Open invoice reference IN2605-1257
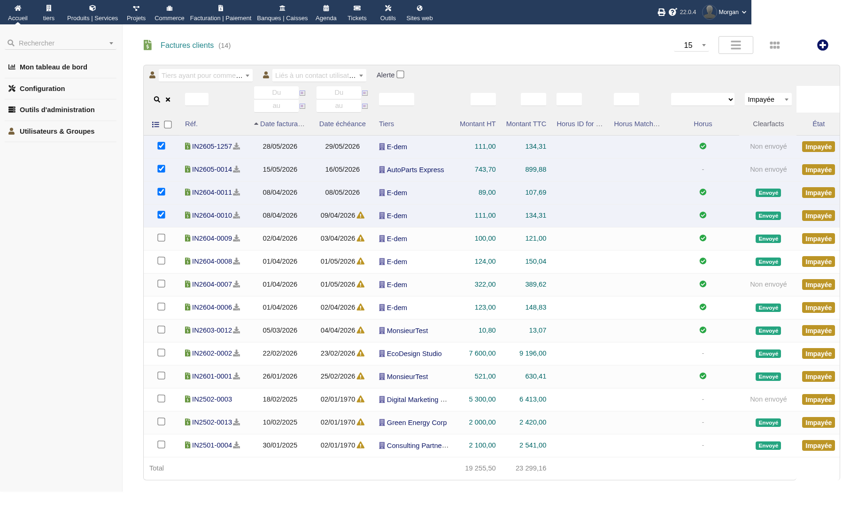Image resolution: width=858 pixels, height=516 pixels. coord(212,146)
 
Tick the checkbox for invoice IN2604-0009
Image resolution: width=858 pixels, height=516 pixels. coord(161,238)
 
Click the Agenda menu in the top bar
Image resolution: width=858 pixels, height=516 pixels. coord(326,12)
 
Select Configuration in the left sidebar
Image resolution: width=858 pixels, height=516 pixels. coord(42,89)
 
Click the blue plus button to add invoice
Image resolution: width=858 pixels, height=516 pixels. coord(822,45)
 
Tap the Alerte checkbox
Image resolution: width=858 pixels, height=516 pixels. coord(400,75)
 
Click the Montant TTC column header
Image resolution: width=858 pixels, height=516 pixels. coord(526,124)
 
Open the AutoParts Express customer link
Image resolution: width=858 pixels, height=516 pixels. coord(415,170)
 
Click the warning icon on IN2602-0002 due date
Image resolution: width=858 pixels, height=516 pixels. coord(361,353)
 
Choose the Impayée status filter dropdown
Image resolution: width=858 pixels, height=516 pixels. coord(768,99)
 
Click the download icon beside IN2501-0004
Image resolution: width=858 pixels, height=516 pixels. coord(237,445)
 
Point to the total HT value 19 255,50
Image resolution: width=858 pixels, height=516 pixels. coord(480,468)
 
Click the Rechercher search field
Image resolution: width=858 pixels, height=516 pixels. coord(61,43)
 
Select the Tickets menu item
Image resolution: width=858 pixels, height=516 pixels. coord(357,12)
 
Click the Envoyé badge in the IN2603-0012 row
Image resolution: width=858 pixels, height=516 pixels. coord(768,331)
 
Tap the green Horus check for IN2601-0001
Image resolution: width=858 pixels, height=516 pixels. coord(703,376)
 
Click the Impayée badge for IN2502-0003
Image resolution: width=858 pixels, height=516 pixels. coord(818,400)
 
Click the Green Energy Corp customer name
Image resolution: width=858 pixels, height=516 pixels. coord(417,423)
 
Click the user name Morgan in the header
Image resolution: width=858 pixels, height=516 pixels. coord(728,12)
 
